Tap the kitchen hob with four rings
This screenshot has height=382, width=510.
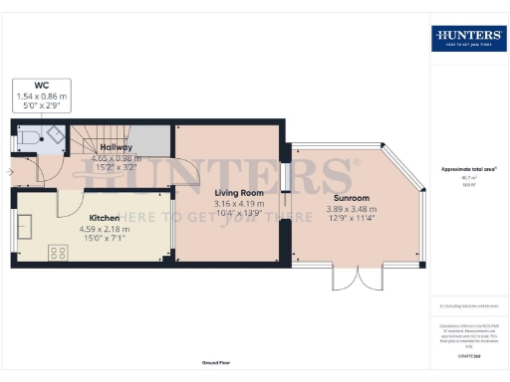tap(56, 253)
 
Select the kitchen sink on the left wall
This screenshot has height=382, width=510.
tap(24, 226)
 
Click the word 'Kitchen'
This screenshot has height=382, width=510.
tap(105, 218)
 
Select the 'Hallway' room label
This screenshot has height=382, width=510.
tap(118, 147)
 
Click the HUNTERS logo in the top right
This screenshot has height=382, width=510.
tap(467, 38)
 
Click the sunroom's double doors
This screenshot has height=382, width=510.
tap(356, 278)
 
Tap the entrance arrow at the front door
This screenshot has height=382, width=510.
tap(11, 172)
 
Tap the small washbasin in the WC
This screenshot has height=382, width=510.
tap(20, 150)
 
